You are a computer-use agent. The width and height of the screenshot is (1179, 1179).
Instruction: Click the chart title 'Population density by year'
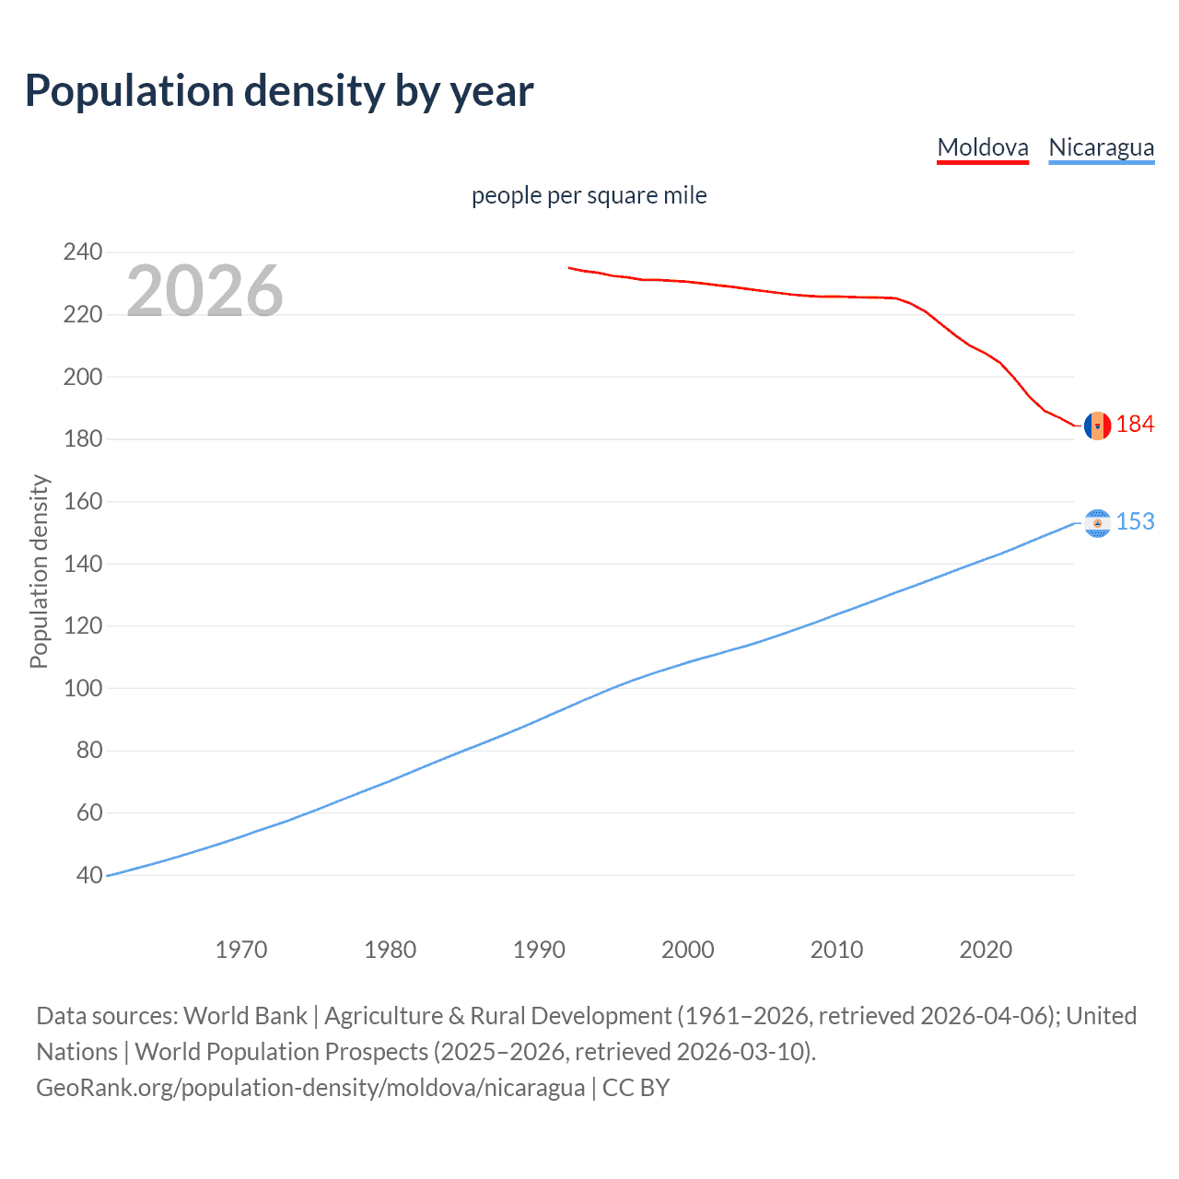[279, 91]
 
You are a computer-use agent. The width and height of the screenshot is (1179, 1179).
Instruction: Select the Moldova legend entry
[982, 147]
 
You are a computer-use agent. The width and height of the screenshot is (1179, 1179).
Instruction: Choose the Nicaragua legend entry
[1101, 147]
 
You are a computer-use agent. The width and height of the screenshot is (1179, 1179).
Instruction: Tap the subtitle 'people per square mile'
[589, 195]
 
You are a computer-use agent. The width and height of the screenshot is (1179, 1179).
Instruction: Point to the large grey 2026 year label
[204, 291]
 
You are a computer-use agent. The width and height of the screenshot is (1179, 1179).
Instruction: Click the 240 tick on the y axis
[83, 251]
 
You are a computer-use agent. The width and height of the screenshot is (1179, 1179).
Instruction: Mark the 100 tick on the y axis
[83, 688]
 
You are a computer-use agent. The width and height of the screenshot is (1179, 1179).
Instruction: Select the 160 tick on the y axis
[83, 501]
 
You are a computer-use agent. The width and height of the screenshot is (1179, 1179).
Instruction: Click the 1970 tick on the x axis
[241, 950]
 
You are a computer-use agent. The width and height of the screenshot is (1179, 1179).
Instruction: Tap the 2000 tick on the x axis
[687, 950]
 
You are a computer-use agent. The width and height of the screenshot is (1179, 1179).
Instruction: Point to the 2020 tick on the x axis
[986, 950]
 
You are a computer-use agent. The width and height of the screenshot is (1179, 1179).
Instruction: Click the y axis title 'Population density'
[39, 571]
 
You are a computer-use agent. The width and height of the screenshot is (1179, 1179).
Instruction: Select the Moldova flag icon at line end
[1097, 426]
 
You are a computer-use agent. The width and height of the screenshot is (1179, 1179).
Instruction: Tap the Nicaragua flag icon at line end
[1097, 523]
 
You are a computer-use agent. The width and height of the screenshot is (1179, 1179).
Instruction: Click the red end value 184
[1135, 424]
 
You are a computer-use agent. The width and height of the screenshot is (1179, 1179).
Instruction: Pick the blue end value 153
[1135, 521]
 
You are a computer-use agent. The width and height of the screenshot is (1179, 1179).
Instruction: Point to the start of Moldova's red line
[569, 268]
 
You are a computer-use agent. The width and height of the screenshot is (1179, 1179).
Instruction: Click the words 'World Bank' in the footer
[245, 1016]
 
